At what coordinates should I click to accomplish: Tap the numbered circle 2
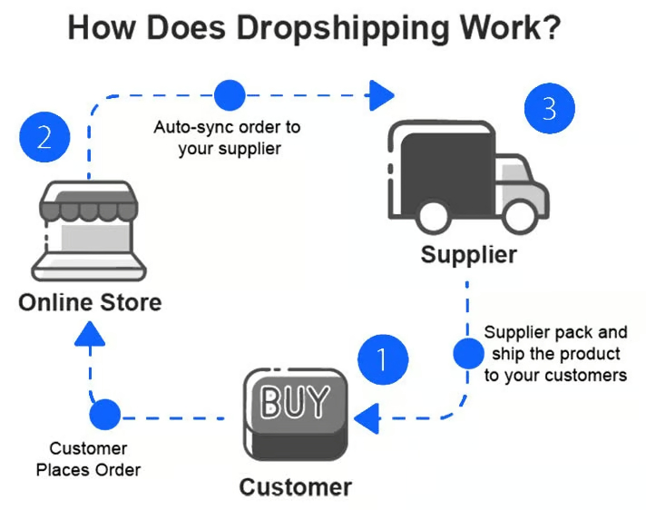pyautogui.click(x=44, y=139)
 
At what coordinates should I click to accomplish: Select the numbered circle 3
pyautogui.click(x=550, y=110)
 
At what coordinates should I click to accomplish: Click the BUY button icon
pyautogui.click(x=295, y=414)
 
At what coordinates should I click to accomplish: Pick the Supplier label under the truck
pyautogui.click(x=468, y=254)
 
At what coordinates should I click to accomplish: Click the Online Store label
pyautogui.click(x=90, y=301)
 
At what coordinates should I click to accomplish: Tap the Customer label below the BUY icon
pyautogui.click(x=295, y=487)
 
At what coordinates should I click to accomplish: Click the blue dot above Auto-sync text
pyautogui.click(x=230, y=94)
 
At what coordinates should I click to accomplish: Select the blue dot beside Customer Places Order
pyautogui.click(x=105, y=416)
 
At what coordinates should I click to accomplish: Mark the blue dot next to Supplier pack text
pyautogui.click(x=468, y=352)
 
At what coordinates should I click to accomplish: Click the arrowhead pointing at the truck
pyautogui.click(x=383, y=93)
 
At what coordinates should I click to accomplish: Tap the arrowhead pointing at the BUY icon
pyautogui.click(x=367, y=418)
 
